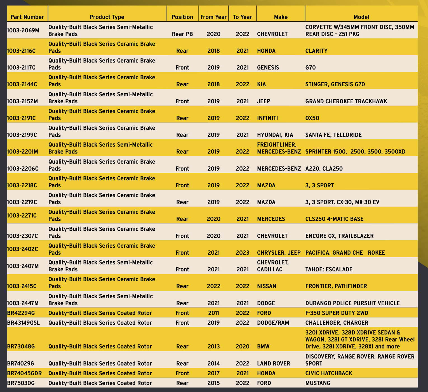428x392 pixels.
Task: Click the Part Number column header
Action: (x=27, y=17)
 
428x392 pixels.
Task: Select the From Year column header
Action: (x=213, y=17)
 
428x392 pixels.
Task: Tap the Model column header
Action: (x=361, y=17)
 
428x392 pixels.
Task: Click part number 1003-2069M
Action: (x=23, y=30)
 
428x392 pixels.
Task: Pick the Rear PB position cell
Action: (x=182, y=34)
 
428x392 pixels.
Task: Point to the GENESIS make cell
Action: (x=268, y=68)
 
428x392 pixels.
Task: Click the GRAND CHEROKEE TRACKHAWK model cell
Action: (x=346, y=101)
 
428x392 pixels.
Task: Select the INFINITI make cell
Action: (x=267, y=118)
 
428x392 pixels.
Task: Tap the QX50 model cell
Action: (x=312, y=118)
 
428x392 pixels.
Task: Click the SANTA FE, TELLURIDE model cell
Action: (x=333, y=135)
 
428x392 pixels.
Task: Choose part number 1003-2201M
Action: (x=22, y=152)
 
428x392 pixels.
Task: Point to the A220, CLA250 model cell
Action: (x=324, y=169)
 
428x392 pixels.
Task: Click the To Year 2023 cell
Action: (x=243, y=253)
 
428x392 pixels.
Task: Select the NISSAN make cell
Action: (x=267, y=286)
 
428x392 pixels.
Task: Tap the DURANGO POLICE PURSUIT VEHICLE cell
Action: (x=352, y=303)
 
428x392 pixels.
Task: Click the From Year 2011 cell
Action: (x=213, y=313)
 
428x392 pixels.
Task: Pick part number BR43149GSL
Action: (x=23, y=323)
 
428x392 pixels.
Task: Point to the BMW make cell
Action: (x=263, y=346)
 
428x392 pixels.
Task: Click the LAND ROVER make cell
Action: (x=274, y=364)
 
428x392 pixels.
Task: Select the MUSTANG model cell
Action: (x=318, y=383)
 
